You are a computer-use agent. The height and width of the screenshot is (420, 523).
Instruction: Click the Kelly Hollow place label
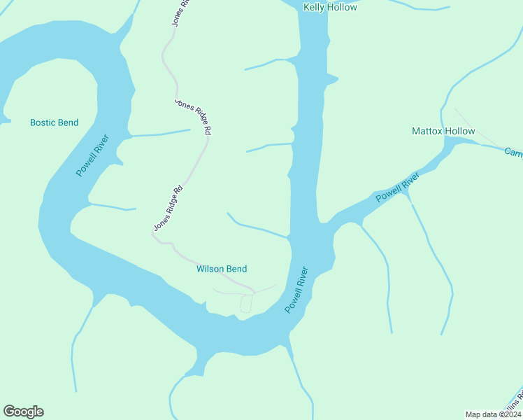[330, 7]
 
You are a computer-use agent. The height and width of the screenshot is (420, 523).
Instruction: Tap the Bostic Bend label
[54, 122]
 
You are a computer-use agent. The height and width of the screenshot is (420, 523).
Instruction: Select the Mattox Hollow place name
[443, 131]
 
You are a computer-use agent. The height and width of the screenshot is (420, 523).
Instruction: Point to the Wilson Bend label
[222, 269]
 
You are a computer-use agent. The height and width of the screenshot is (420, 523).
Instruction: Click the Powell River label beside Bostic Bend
[93, 155]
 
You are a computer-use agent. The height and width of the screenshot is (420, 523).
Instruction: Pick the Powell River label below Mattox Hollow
[397, 187]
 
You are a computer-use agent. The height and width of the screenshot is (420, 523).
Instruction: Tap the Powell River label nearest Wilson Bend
[296, 289]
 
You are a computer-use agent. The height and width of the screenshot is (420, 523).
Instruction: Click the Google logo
[23, 412]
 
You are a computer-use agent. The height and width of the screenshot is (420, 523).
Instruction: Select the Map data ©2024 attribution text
[493, 414]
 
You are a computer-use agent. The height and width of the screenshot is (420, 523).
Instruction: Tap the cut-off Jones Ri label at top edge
[181, 12]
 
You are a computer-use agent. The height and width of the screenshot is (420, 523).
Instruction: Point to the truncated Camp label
[514, 152]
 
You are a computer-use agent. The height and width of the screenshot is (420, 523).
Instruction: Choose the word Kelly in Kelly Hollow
[314, 7]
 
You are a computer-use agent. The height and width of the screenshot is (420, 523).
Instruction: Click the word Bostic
[43, 122]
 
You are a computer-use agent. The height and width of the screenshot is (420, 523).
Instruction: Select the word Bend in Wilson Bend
[236, 269]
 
